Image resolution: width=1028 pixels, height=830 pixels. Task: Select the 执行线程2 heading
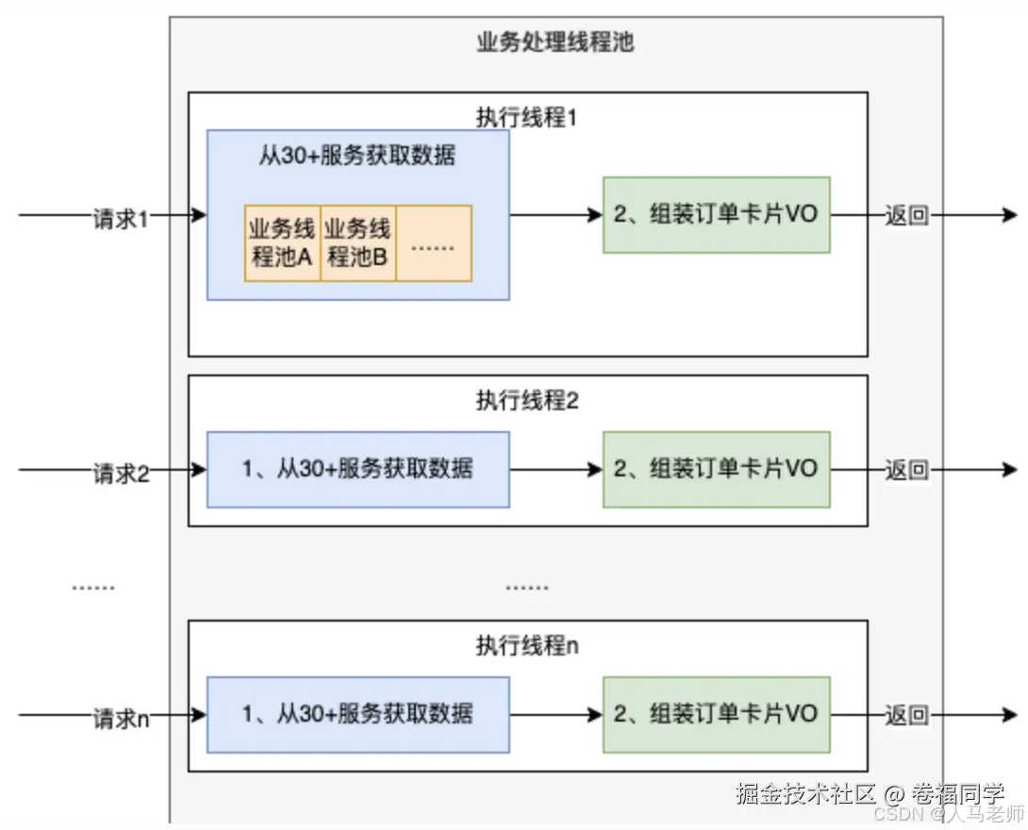(527, 400)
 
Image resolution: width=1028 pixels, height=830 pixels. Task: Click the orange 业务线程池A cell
(282, 243)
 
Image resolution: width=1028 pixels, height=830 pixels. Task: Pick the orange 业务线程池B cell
(357, 243)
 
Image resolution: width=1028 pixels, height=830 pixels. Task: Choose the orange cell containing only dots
(434, 243)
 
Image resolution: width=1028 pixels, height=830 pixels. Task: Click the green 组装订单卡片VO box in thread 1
(716, 215)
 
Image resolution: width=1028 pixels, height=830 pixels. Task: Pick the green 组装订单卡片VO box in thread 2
(716, 469)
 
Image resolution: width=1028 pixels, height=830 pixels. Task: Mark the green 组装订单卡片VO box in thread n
(716, 714)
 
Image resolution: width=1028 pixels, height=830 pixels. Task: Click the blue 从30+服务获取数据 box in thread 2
(357, 469)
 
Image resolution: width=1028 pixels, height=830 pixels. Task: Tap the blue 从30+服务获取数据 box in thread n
(357, 714)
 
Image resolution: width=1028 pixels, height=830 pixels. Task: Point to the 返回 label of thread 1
(906, 216)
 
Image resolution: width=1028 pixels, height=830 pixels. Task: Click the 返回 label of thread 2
(906, 470)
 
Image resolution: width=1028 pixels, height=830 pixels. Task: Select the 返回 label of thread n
(906, 715)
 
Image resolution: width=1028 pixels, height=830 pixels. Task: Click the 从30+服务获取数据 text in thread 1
(357, 155)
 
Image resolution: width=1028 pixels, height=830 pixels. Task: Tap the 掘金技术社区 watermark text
(806, 793)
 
